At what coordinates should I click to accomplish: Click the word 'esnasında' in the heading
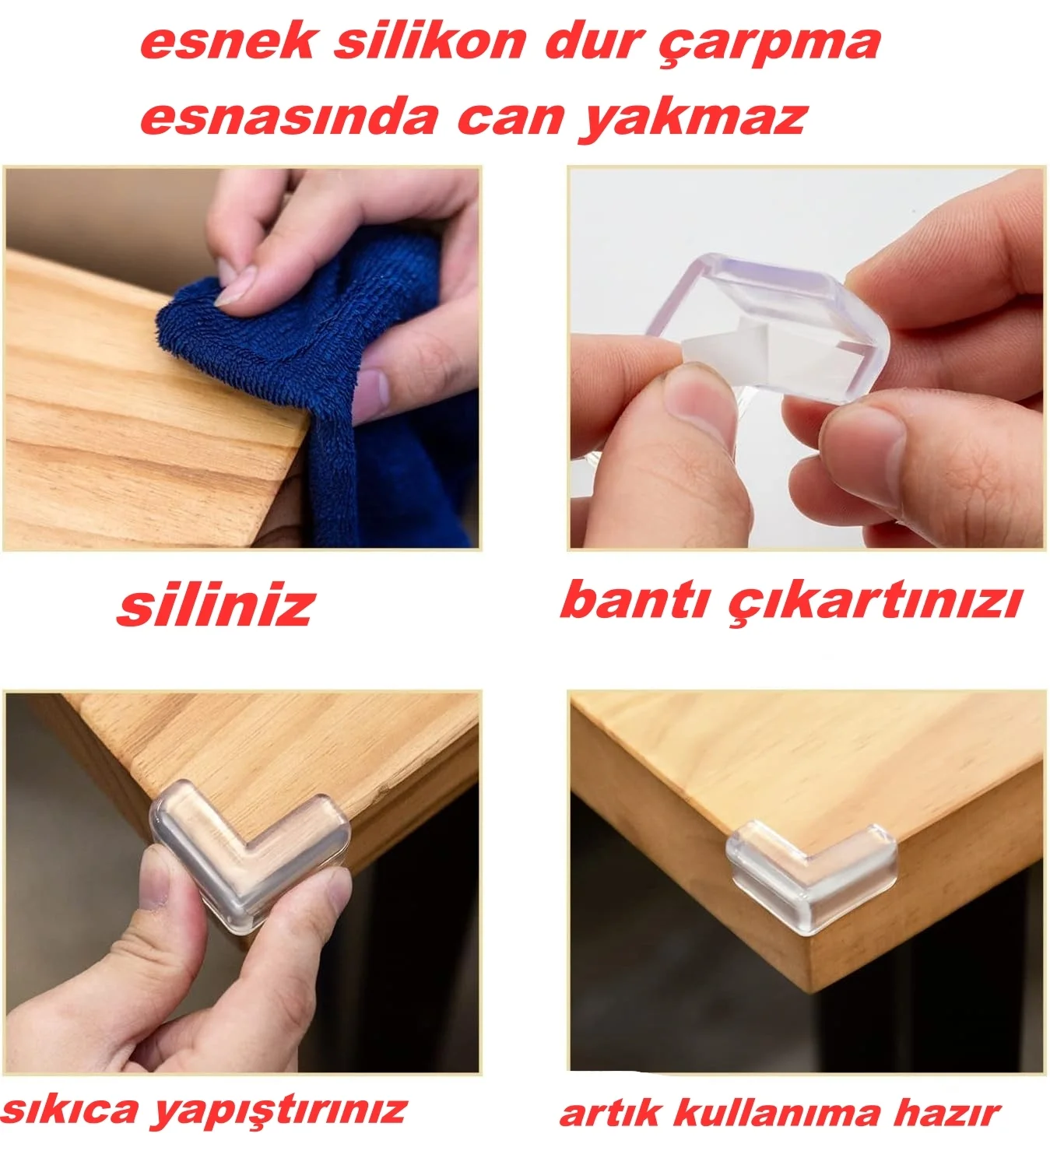pyautogui.click(x=290, y=118)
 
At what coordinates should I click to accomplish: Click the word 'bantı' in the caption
pyautogui.click(x=634, y=600)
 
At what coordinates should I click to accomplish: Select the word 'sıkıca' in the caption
pyautogui.click(x=71, y=1110)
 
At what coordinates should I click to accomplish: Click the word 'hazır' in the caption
pyautogui.click(x=947, y=1114)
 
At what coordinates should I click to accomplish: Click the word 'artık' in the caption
pyautogui.click(x=610, y=1114)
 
